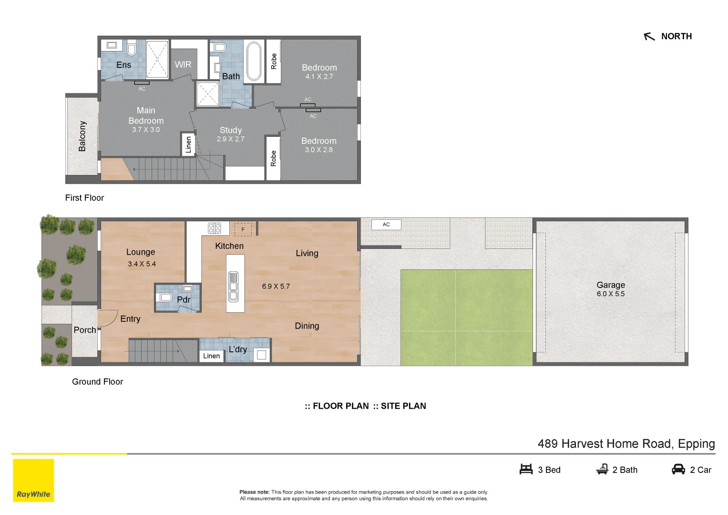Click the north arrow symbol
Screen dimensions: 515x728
649,37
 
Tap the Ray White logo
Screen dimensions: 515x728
33,480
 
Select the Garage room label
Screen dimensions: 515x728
611,285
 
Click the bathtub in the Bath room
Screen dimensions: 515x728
254,62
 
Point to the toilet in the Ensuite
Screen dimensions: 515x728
132,48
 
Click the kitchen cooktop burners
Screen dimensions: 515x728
215,228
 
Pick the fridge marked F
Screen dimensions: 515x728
243,230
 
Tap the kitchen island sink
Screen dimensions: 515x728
233,287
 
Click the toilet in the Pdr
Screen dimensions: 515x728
165,298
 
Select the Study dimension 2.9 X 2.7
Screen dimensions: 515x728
230,139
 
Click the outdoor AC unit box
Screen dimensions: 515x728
386,225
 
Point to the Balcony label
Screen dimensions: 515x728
82,136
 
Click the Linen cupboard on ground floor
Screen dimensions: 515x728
212,356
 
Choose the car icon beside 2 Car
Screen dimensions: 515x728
678,470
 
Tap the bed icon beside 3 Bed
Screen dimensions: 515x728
526,470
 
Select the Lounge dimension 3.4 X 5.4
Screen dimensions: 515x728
142,264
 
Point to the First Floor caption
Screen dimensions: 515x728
84,198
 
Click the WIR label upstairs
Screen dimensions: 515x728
183,65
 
